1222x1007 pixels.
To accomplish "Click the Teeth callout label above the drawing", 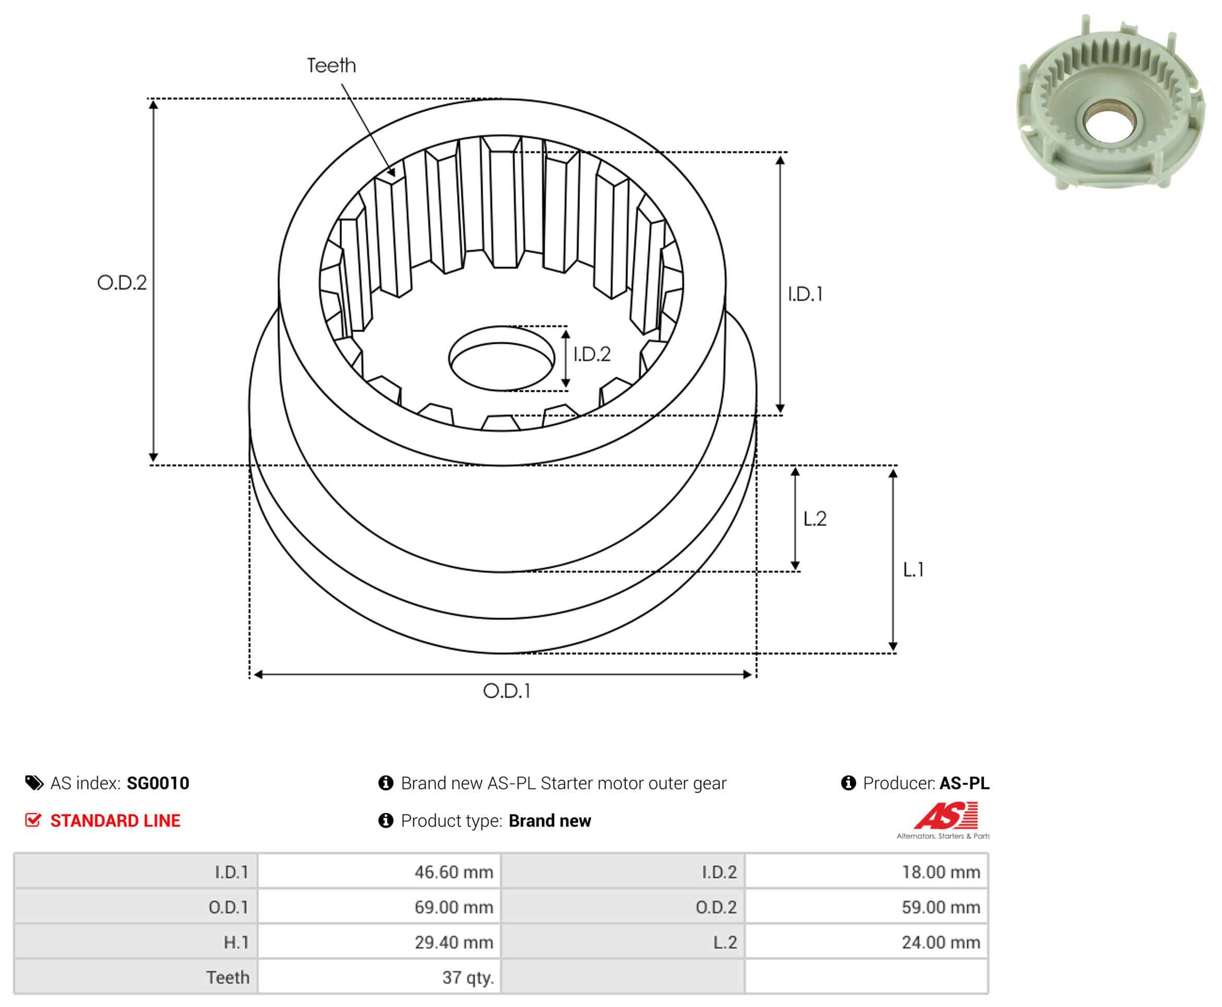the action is (331, 66).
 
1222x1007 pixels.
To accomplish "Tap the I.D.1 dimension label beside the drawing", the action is (805, 294).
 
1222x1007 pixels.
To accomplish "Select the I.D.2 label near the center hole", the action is (592, 354).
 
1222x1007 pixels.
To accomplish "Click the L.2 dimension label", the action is (814, 519).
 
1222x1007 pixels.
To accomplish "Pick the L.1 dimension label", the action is (913, 570).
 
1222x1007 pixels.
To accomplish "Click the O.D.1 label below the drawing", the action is (506, 691).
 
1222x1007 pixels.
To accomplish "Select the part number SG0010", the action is (158, 783).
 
